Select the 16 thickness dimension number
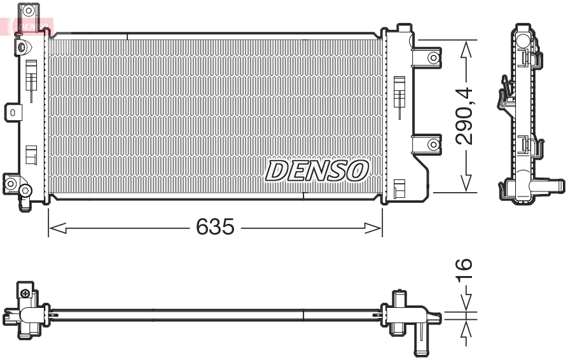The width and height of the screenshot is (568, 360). pyautogui.click(x=464, y=270)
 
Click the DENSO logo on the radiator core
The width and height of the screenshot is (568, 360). pyautogui.click(x=317, y=170)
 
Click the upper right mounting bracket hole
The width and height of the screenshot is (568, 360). pyautogui.click(x=433, y=58)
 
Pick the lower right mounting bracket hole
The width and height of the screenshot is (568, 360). pyautogui.click(x=433, y=144)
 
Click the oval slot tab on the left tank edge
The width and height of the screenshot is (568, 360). pyautogui.click(x=12, y=113)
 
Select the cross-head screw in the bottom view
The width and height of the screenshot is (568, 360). pyautogui.click(x=25, y=293)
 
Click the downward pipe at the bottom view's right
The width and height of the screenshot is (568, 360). pyautogui.click(x=422, y=343)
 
